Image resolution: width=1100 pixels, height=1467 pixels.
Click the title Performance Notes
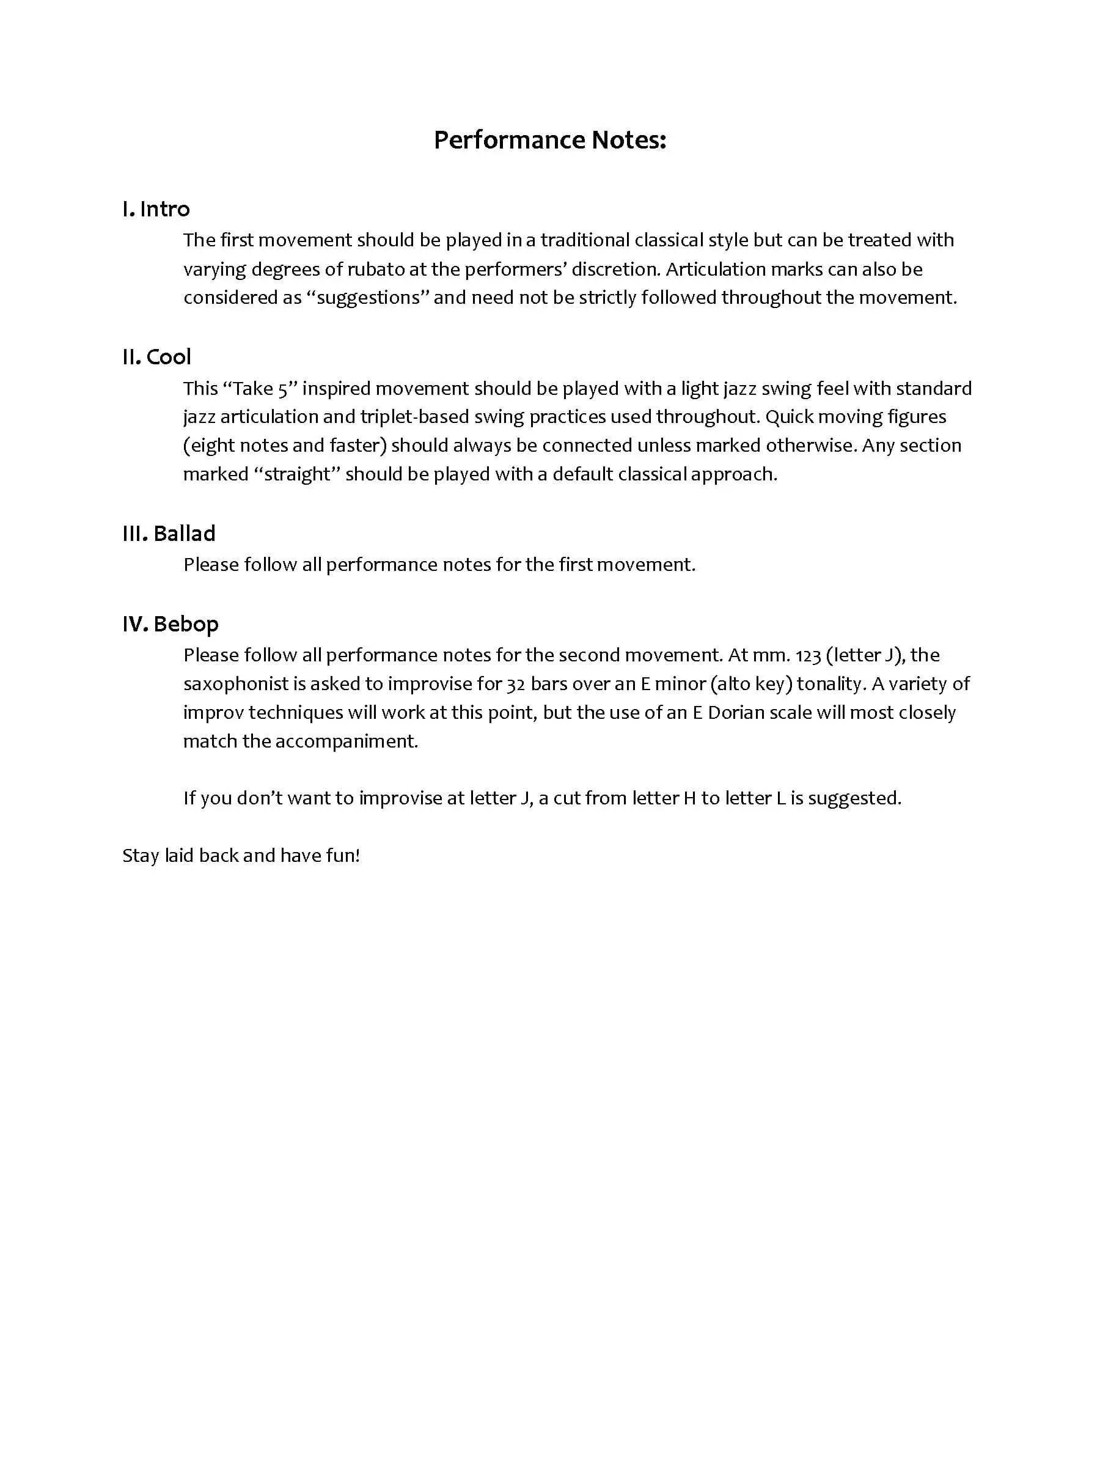click(x=549, y=140)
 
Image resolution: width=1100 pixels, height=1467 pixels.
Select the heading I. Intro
click(x=156, y=209)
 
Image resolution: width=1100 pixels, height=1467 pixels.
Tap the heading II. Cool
click(x=156, y=357)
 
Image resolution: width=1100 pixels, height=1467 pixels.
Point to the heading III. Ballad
click(x=169, y=533)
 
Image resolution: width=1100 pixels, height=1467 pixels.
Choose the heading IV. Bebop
click(x=170, y=624)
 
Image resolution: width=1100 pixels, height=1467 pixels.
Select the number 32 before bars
click(x=516, y=684)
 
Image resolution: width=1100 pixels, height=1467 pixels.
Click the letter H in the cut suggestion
click(x=689, y=798)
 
